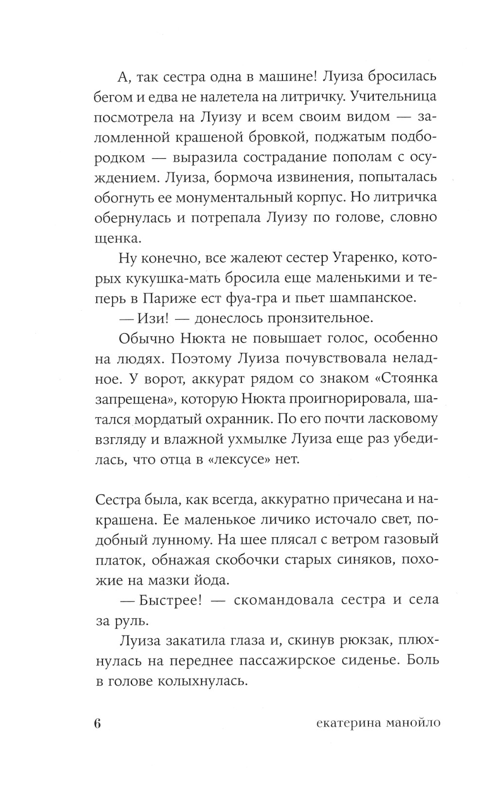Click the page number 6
(x=97, y=723)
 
